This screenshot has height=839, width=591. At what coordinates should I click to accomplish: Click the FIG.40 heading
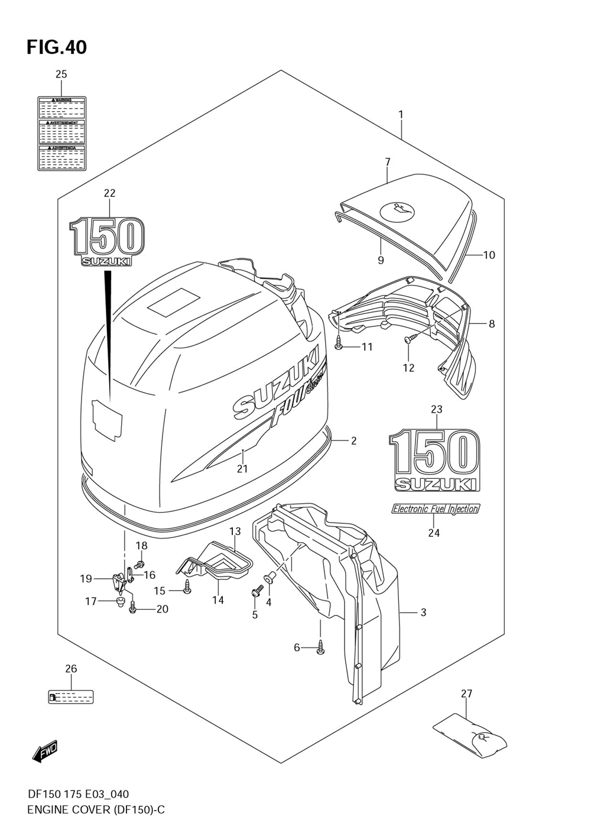pos(57,47)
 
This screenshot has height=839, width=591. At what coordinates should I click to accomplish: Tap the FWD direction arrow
pos(44,751)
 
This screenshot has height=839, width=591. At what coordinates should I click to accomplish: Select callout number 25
pos(61,74)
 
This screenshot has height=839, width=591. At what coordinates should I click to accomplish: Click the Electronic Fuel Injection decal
pos(436,508)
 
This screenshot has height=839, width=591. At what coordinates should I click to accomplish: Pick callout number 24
pos(434,533)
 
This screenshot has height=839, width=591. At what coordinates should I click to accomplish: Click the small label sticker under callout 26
pos(71,697)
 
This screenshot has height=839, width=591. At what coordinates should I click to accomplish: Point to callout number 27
pos(466,694)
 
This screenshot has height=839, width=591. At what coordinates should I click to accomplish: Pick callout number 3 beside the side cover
pos(423,613)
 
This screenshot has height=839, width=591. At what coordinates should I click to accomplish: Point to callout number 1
pos(400,114)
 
